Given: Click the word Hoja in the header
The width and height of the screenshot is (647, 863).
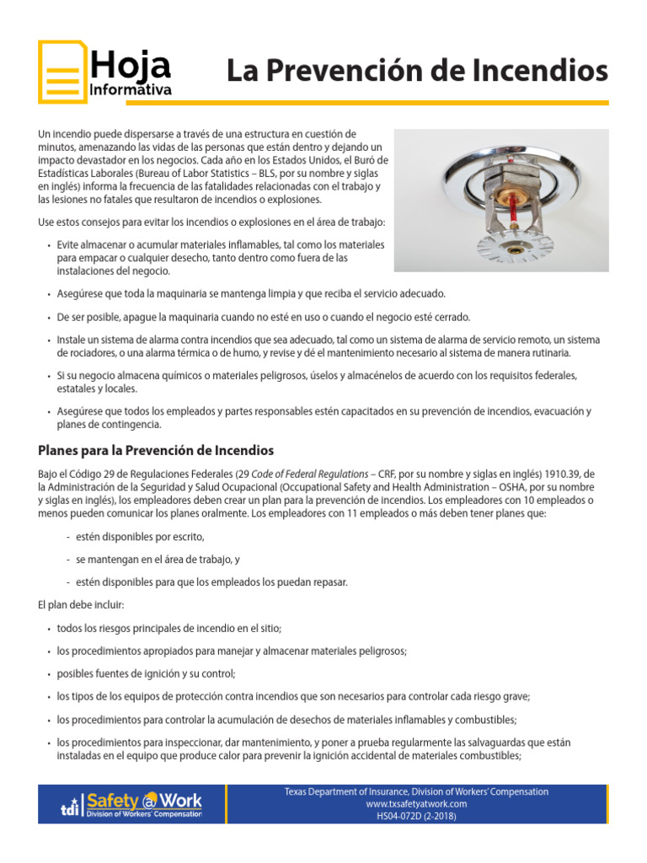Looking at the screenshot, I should (131, 65).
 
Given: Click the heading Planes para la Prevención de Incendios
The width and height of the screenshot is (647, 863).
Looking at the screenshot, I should (156, 451).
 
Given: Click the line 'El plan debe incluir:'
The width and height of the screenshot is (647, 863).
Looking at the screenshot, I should (81, 605).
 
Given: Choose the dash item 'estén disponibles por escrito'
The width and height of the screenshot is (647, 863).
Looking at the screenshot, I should (140, 537).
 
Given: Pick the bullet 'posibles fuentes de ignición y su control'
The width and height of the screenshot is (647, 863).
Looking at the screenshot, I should (146, 674).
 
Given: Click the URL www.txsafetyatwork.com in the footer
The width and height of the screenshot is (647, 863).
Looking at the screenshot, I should (416, 804).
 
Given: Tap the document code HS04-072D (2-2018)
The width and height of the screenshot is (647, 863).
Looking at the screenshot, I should (416, 816).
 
